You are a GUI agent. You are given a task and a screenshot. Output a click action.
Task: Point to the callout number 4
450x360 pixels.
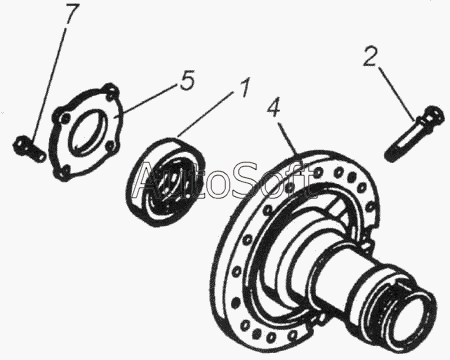(274, 106)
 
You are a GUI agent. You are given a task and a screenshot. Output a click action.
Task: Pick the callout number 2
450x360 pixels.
(371, 57)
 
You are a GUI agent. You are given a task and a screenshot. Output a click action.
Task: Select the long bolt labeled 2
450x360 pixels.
(414, 132)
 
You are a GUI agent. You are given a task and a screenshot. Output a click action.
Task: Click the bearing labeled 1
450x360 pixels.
(165, 182)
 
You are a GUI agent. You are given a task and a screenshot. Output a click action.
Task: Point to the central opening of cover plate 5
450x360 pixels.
(88, 128)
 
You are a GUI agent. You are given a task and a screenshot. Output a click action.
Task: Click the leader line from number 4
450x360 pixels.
(288, 138)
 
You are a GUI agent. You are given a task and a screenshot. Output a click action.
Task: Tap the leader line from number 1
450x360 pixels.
(205, 114)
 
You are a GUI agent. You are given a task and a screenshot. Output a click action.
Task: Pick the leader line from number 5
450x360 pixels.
(145, 100)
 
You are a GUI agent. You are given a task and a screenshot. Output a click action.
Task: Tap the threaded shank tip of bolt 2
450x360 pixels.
(391, 154)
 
